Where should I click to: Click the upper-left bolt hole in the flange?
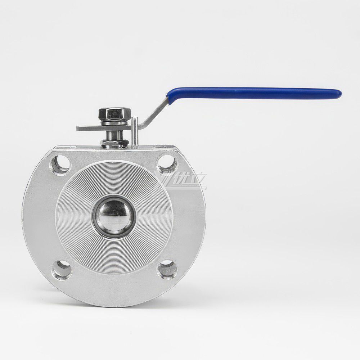coord(63,162)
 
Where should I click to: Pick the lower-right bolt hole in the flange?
coord(167,267)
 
